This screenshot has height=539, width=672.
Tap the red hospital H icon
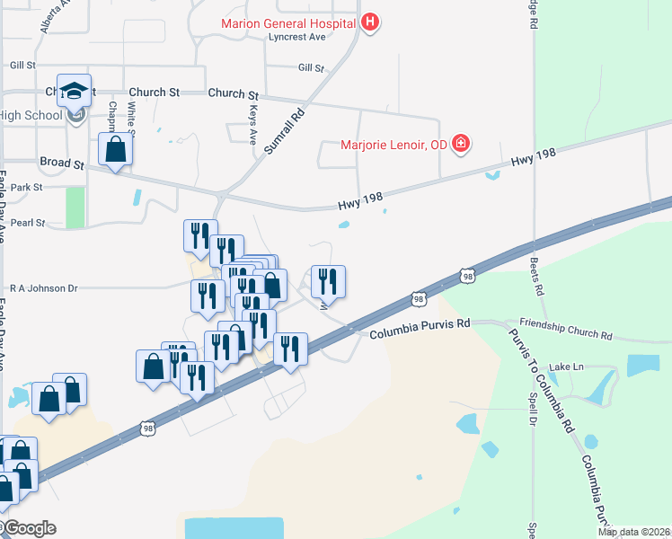(x=369, y=22)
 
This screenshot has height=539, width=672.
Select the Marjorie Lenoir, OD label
(x=393, y=144)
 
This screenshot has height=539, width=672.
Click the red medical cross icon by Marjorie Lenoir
(x=461, y=143)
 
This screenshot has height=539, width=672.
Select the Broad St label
(x=61, y=163)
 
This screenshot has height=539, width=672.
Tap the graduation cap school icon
(x=75, y=90)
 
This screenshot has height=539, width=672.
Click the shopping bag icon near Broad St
(x=116, y=150)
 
